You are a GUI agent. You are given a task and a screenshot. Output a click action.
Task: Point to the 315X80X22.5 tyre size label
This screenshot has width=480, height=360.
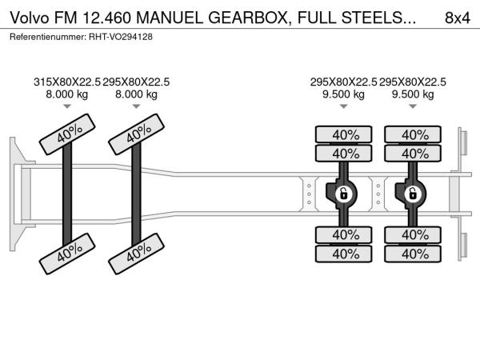coord(66,82)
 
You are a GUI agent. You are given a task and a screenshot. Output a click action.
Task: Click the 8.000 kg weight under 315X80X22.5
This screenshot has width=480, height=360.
coord(66,94)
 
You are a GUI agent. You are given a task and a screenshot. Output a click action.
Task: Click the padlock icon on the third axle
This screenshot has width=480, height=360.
coord(343,194)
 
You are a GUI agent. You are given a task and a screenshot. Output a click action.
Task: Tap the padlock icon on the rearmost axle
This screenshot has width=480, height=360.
coord(413,194)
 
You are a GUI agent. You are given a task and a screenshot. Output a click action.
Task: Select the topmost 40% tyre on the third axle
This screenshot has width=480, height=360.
coord(345,134)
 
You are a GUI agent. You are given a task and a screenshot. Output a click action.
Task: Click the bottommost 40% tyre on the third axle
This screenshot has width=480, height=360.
coord(345,254)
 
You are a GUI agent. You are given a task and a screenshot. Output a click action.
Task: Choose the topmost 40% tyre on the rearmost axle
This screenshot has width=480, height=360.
coord(414,134)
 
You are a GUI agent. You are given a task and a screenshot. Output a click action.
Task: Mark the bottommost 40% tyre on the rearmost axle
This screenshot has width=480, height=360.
coord(414,254)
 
